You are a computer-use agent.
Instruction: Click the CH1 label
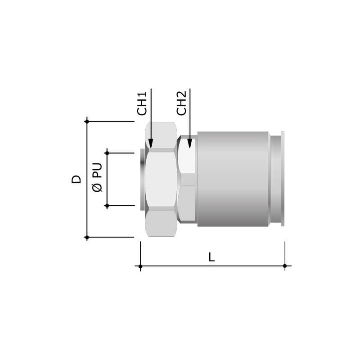[142, 103]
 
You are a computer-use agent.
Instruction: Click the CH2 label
[181, 103]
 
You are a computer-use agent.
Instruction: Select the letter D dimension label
[76, 179]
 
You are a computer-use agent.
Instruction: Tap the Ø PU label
[97, 177]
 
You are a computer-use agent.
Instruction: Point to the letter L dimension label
[211, 257]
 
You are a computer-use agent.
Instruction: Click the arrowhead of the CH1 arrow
[151, 143]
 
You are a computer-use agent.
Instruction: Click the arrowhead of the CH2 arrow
[189, 143]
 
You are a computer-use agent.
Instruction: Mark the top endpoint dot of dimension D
[87, 121]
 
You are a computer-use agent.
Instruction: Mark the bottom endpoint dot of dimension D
[87, 237]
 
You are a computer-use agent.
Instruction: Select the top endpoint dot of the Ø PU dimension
[107, 153]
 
